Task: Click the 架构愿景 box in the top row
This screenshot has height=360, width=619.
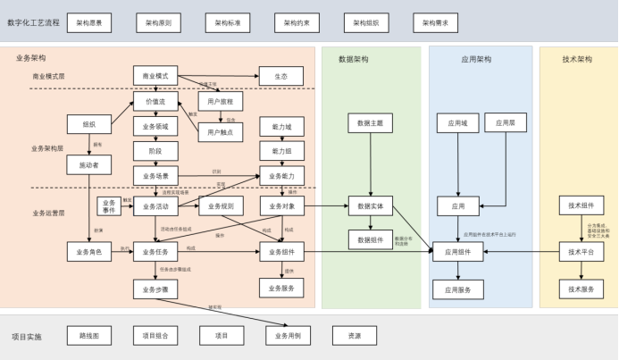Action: coord(88,22)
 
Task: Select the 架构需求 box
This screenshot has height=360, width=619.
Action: coord(435,22)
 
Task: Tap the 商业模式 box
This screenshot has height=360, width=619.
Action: coord(156,76)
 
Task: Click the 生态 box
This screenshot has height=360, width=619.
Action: coord(281,76)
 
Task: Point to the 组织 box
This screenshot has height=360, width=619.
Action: coord(88,124)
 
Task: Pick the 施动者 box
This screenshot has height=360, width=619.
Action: coord(88,164)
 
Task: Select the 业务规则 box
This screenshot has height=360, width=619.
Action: coord(221,206)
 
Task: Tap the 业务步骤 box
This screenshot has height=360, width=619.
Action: coord(156,289)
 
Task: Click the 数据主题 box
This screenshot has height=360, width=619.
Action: coord(370,123)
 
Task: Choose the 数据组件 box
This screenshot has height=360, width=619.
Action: coord(370,239)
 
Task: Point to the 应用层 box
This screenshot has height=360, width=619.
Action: coord(506,123)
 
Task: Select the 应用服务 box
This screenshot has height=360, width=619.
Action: coord(458,289)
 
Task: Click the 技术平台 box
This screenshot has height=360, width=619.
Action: coord(581,252)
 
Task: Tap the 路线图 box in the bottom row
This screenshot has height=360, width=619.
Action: coord(88,336)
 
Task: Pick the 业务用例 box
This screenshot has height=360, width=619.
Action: coord(288,336)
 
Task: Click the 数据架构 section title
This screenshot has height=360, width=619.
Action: coord(354,59)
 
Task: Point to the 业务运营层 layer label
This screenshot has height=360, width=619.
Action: coord(48,213)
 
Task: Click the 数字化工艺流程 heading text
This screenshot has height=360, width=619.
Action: coord(33,22)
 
